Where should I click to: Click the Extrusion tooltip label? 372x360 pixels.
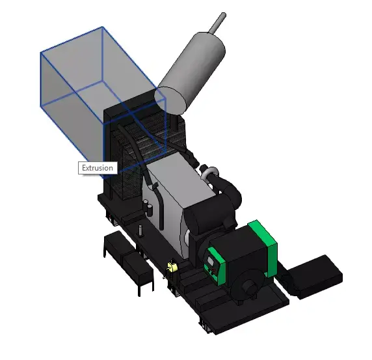tap(97, 168)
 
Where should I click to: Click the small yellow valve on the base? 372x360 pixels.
tap(172, 268)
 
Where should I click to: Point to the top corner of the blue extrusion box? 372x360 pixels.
tap(102, 27)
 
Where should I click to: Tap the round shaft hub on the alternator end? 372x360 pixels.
tap(247, 286)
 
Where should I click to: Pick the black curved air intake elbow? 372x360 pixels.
tap(231, 189)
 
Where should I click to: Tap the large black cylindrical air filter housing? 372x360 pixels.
tap(208, 221)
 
